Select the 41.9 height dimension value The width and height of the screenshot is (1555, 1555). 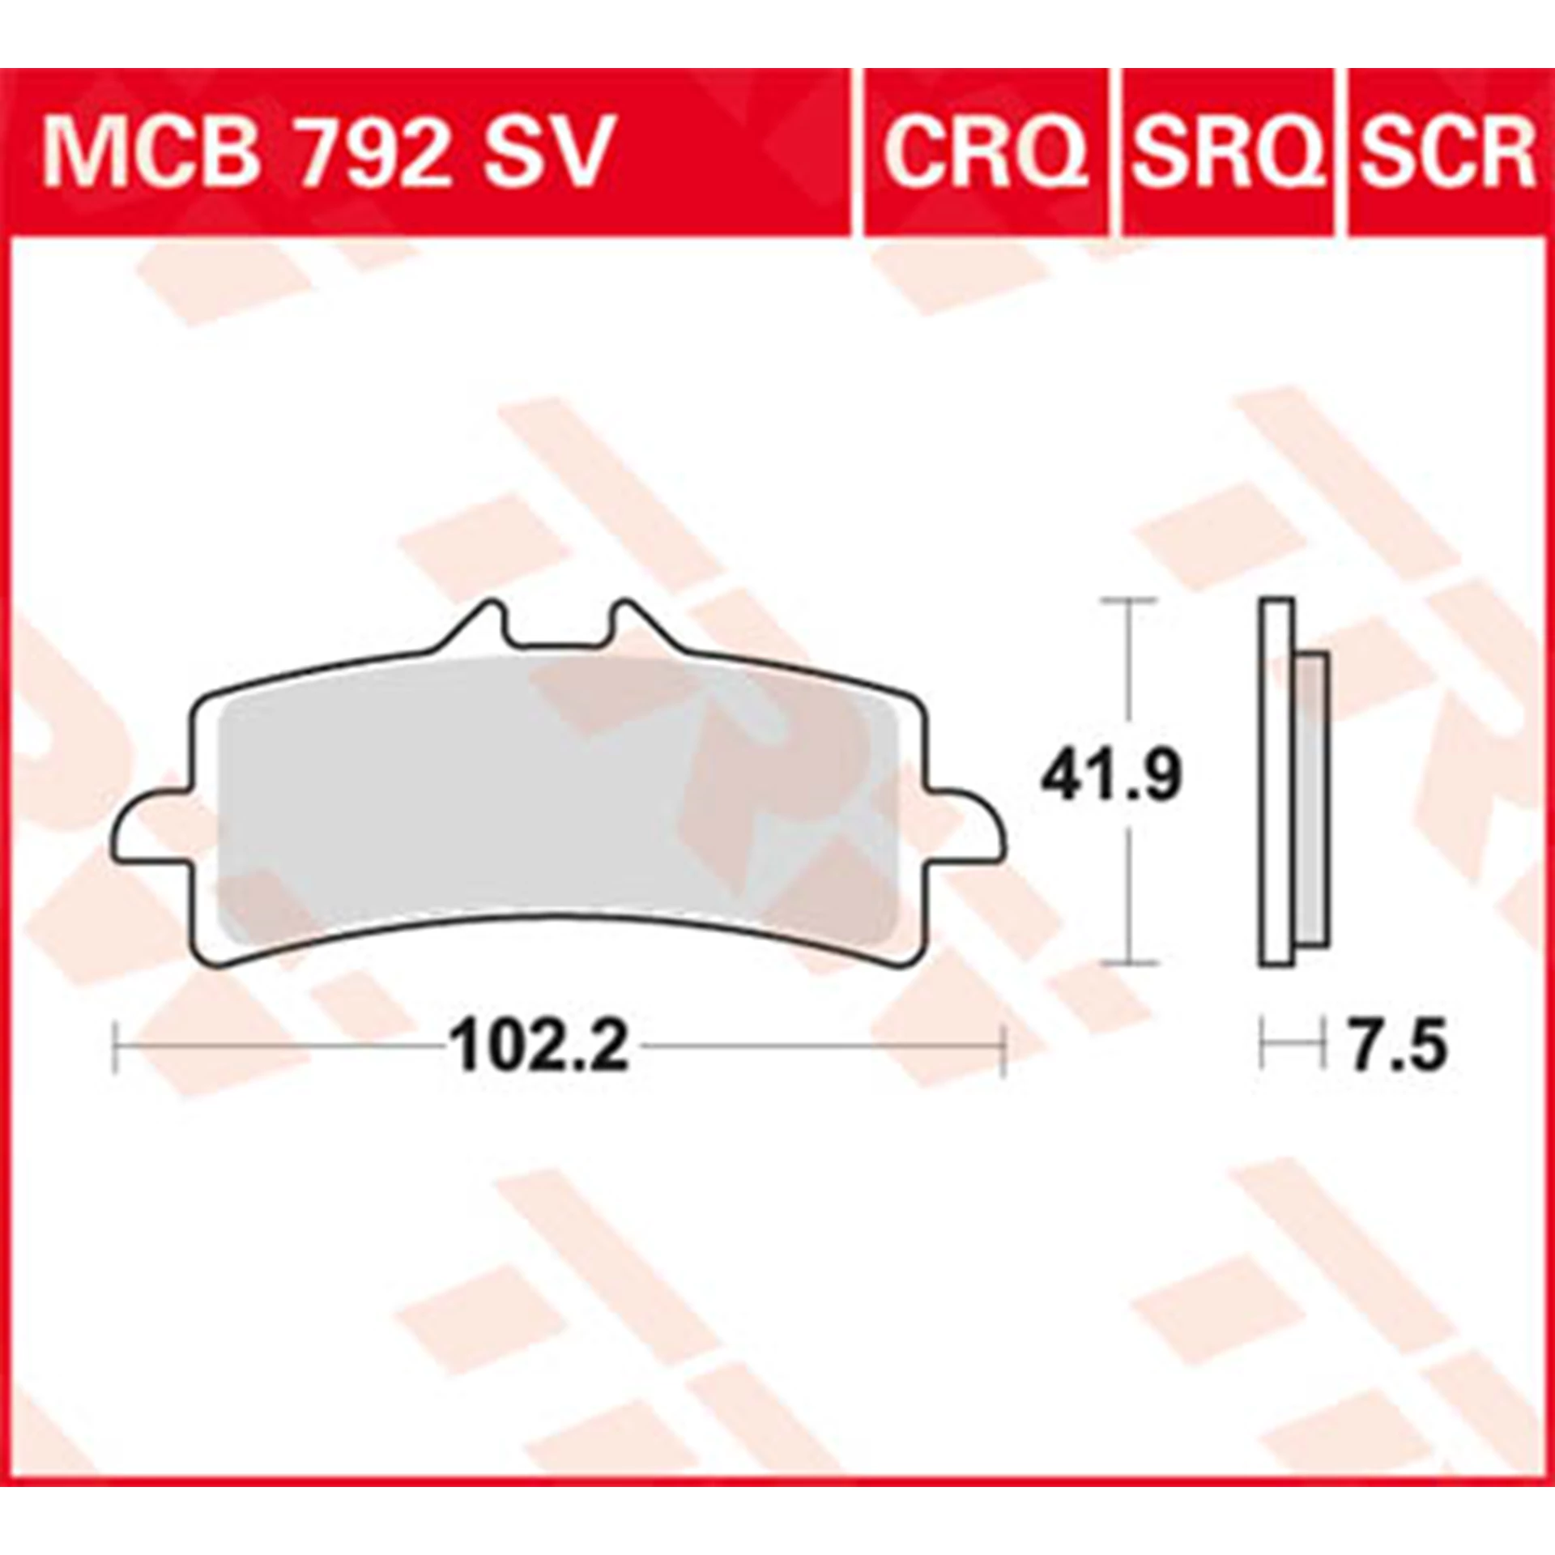point(1111,777)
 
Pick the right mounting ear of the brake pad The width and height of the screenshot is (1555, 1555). point(967,825)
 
